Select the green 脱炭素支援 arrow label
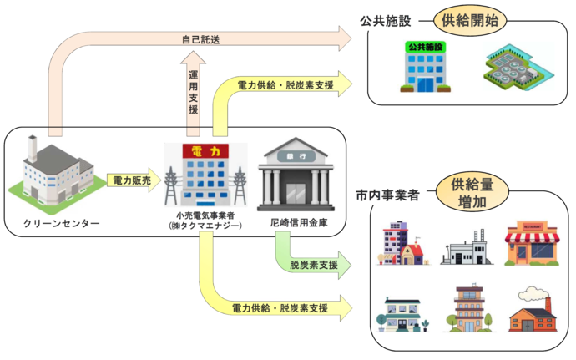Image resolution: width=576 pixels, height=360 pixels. click(x=313, y=265)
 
